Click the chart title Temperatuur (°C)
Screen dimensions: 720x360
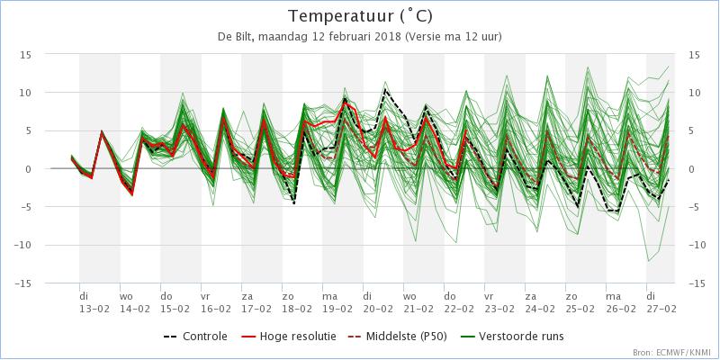coord(361,16)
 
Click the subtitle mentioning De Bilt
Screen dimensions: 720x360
coord(360,37)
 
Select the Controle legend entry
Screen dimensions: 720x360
coord(195,337)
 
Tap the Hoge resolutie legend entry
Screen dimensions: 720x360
coord(288,337)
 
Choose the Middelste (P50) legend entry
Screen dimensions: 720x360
coord(397,337)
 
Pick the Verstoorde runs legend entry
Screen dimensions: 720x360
coord(511,337)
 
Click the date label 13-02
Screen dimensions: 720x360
coord(94,307)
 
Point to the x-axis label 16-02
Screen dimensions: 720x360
coord(216,307)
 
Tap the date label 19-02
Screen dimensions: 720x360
coord(337,307)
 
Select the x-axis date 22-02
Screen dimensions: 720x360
coord(459,307)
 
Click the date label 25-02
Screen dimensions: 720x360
coord(580,307)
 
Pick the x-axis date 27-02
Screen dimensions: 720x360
coord(661,307)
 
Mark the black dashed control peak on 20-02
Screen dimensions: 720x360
coord(385,89)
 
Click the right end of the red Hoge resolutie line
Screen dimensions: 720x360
coord(466,130)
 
